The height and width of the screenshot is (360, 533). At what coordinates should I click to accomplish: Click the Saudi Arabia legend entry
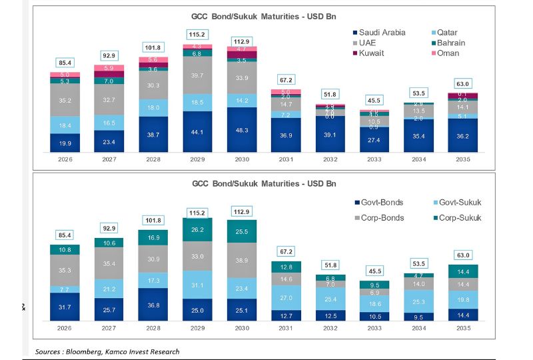point(382,32)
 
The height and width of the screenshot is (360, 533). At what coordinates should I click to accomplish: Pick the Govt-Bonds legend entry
point(382,202)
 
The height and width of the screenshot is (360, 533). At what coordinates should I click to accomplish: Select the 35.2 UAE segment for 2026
point(65,101)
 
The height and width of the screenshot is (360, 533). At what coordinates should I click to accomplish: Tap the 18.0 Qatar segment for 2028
point(152,107)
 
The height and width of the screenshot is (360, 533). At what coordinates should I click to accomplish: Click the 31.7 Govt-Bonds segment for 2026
point(65,307)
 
